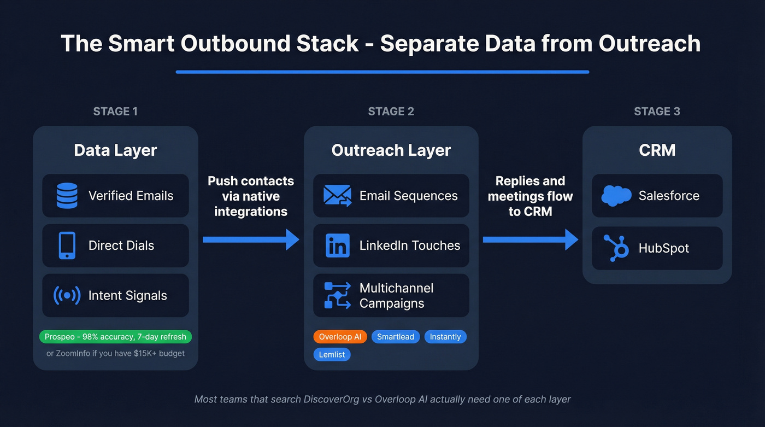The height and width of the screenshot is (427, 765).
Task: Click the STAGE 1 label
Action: [115, 112]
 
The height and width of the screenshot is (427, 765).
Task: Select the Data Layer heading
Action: [115, 150]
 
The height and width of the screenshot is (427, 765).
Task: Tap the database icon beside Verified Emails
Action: [67, 196]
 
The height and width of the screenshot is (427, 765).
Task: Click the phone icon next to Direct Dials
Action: [67, 245]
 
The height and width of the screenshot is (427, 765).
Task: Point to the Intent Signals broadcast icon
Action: [67, 295]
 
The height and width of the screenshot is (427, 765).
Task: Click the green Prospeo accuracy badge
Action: [115, 337]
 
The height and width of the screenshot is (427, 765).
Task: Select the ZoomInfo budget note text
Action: [115, 353]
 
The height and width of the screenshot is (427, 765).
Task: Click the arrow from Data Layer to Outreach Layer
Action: [251, 239]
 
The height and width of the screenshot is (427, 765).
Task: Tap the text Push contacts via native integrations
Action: [251, 196]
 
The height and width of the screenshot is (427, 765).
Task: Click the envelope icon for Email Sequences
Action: [337, 196]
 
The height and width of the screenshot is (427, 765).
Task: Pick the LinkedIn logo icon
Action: [337, 245]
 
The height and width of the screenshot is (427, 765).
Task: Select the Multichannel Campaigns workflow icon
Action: [337, 295]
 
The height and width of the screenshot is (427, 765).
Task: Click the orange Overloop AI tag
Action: [339, 337]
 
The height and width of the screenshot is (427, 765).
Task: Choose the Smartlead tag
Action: [396, 337]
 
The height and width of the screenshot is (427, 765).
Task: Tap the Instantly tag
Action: [445, 337]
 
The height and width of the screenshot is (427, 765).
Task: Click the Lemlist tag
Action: [332, 354]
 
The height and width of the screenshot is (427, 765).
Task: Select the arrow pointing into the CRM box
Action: [530, 239]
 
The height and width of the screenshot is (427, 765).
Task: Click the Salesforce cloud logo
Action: [616, 196]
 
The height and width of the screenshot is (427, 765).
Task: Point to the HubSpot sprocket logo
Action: [616, 248]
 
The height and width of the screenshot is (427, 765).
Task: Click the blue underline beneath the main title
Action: [382, 72]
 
